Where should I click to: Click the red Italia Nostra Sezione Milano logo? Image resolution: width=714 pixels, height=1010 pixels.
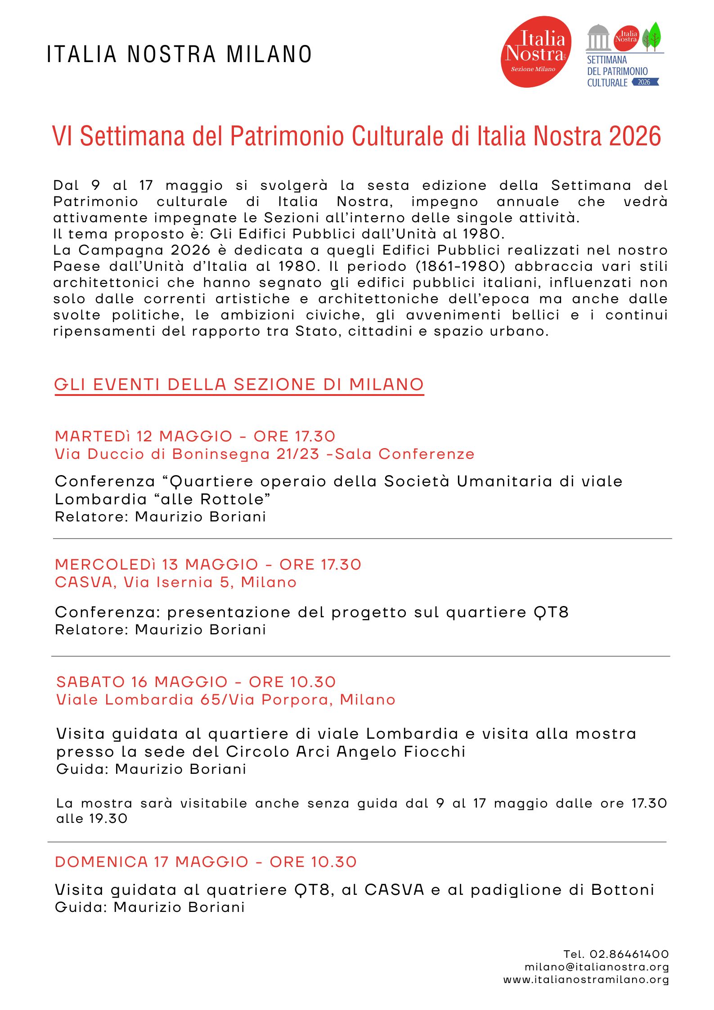coord(535,52)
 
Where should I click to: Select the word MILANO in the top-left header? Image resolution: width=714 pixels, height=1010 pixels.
coord(269,55)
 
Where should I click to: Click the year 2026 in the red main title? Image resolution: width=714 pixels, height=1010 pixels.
coord(635,136)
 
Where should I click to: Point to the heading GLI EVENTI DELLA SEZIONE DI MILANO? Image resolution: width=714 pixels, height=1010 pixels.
coord(239,385)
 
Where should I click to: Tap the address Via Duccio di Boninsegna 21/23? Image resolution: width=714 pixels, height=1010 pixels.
coord(187,454)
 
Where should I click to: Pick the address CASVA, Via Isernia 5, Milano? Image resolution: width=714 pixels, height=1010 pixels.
coord(175,583)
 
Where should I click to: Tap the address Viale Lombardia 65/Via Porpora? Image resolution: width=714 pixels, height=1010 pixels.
coord(225,700)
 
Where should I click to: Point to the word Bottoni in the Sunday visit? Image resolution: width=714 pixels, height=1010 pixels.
coord(622,890)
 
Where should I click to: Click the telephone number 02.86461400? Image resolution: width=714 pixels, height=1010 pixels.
coord(629,954)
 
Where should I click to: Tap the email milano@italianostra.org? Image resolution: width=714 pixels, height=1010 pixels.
coord(597,967)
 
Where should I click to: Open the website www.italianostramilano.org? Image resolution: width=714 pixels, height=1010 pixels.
coord(586,979)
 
